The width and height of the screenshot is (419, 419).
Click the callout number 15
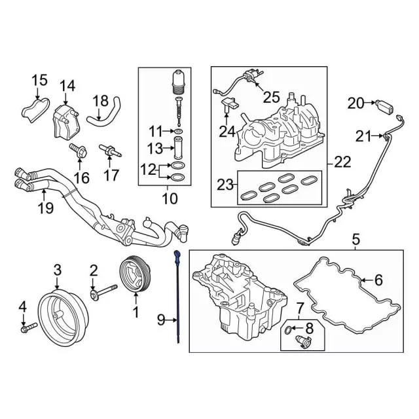[x=40, y=81]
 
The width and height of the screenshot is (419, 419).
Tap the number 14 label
[x=68, y=86]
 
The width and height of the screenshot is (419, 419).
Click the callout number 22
[x=342, y=161]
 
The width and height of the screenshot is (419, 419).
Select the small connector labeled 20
[x=385, y=103]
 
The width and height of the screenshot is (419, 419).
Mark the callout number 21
[x=365, y=136]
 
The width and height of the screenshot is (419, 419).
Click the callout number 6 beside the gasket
[x=379, y=280]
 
